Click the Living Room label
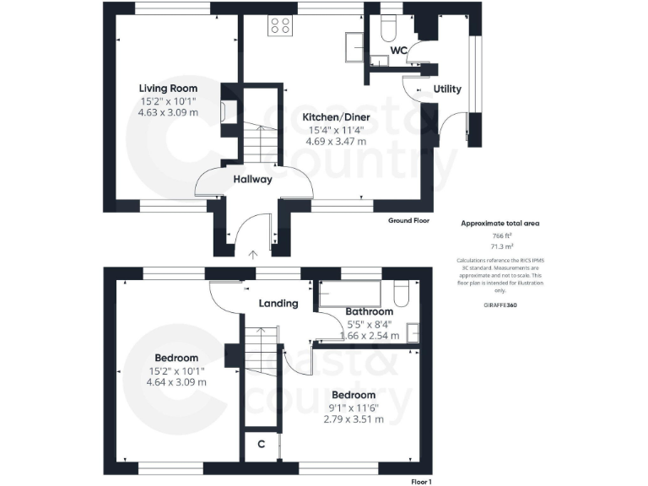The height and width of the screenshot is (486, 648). [169, 88]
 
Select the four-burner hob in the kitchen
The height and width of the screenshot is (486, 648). [280, 26]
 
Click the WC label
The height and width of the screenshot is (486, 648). [398, 51]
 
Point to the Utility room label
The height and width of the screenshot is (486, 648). [446, 89]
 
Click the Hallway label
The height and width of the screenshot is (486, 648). [252, 179]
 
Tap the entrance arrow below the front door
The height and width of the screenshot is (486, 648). [251, 252]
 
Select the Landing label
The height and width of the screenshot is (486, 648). [278, 304]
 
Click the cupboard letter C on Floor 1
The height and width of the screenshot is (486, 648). [262, 444]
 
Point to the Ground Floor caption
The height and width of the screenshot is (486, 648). [408, 220]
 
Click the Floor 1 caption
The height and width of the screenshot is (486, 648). [420, 481]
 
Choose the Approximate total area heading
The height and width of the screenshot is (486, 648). [499, 223]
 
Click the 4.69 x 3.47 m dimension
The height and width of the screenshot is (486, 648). [336, 142]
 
